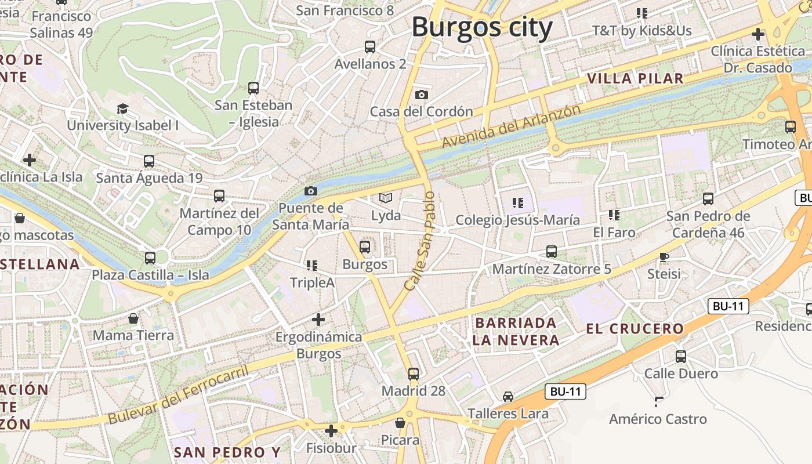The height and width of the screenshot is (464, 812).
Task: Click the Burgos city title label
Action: coord(482,27)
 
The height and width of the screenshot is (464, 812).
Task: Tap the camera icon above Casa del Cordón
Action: coord(422,95)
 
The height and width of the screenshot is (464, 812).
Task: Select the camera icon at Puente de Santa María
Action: coord(311,191)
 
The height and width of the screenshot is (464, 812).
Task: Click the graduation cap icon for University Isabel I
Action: coord(122,108)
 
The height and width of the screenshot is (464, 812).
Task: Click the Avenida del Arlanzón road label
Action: coord(510,126)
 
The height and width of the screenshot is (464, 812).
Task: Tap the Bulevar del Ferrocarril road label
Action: coord(178,394)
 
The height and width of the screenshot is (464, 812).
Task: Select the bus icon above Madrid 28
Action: coord(414,374)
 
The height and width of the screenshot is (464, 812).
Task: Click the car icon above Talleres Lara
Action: coord(508,397)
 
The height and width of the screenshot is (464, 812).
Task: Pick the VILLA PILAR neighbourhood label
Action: coord(635,78)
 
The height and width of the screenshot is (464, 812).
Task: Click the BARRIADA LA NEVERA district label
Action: coord(516,331)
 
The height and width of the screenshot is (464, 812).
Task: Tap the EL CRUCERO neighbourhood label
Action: coord(635,329)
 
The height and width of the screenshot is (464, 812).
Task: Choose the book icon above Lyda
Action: coord(386,198)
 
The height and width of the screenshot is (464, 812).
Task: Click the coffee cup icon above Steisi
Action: coord(664,256)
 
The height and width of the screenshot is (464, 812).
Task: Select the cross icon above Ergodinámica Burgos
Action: coord(318,319)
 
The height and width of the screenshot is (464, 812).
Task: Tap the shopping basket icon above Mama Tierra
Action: coord(133,318)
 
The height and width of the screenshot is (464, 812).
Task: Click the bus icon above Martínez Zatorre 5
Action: coord(552,252)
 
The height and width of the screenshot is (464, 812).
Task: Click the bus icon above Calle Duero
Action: coord(681,356)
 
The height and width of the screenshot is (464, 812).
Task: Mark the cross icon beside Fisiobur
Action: coord(331,431)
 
